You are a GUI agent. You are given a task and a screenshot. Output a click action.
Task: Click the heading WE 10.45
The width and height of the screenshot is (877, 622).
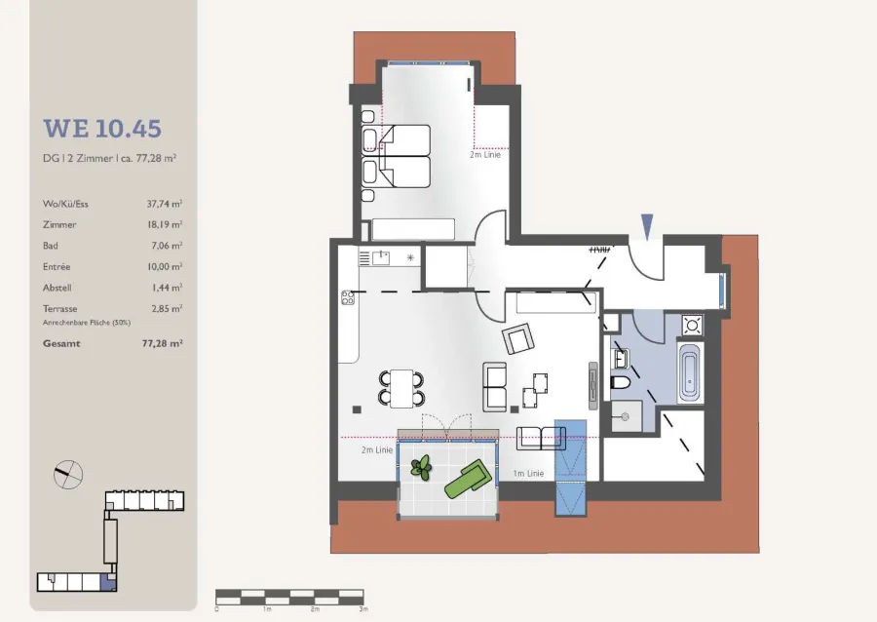(102, 129)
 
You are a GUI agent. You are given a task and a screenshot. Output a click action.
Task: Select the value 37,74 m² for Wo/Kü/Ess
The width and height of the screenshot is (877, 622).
(165, 204)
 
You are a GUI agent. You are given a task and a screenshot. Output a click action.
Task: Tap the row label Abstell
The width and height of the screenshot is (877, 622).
(57, 288)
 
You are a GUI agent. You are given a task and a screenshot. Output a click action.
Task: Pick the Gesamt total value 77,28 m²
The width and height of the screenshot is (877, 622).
(162, 343)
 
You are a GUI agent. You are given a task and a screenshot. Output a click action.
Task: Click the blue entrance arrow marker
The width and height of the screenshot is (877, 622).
(647, 226)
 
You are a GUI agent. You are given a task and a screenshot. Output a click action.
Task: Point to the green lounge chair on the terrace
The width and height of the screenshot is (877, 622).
(469, 479)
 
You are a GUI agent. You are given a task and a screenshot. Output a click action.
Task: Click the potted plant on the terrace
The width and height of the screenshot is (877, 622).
(421, 468)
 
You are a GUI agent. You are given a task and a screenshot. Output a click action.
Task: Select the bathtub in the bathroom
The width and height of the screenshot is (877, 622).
(689, 373)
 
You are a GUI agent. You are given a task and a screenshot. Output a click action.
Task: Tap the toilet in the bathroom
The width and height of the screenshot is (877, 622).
(620, 382)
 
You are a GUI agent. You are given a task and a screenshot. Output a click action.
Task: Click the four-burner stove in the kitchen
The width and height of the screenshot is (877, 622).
(347, 297)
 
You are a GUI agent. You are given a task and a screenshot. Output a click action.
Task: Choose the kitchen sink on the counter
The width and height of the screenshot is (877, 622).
(381, 257)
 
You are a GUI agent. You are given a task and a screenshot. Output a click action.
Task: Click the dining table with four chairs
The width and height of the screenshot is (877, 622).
(401, 388)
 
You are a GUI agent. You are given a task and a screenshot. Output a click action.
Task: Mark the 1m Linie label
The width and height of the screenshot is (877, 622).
(528, 474)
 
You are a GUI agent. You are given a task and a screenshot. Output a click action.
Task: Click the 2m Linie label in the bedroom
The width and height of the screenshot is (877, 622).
(485, 154)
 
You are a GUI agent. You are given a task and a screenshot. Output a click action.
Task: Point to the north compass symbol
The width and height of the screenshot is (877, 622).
(68, 475)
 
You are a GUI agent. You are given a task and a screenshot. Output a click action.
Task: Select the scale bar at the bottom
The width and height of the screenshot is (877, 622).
(289, 597)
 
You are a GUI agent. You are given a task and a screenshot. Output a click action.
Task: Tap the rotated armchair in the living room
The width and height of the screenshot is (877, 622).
(518, 339)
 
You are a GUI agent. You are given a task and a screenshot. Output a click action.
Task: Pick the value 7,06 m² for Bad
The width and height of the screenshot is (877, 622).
(165, 246)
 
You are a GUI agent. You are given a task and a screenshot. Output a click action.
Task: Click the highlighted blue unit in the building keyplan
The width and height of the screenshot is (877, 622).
(108, 582)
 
